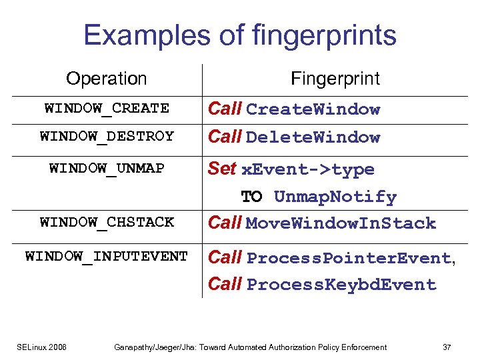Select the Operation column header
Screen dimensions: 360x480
click(107, 79)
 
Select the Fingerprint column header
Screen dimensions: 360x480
click(335, 79)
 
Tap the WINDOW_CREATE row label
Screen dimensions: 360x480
click(107, 108)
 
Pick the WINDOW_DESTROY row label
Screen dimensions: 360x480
click(107, 136)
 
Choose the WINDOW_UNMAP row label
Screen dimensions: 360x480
click(107, 168)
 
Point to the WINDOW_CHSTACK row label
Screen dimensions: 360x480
click(107, 222)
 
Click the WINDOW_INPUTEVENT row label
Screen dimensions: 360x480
click(107, 256)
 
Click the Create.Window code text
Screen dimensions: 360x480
click(313, 109)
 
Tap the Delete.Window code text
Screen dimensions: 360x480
click(313, 137)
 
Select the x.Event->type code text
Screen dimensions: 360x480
click(307, 169)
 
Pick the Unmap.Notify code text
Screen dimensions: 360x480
click(335, 197)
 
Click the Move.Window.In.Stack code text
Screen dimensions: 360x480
click(341, 223)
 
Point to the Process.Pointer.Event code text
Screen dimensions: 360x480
click(349, 258)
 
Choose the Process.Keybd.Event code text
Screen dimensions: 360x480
click(341, 285)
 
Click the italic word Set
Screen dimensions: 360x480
click(221, 169)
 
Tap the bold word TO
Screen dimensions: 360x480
click(251, 197)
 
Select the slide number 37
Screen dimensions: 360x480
click(447, 347)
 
